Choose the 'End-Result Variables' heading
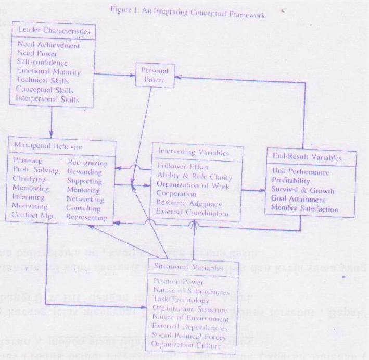click(311, 157)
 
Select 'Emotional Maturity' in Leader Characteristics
click(49, 71)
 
